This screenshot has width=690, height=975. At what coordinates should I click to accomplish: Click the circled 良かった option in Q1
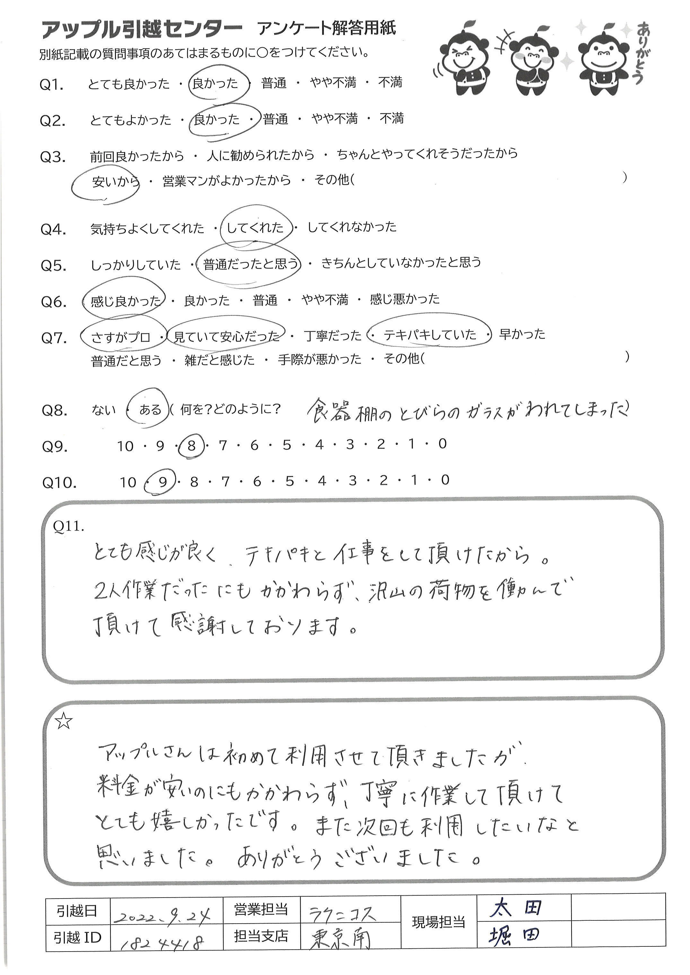[215, 83]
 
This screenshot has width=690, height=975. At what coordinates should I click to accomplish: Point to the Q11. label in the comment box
[69, 527]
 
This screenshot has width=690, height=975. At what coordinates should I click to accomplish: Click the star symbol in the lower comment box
[64, 721]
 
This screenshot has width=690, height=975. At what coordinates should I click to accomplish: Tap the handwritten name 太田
[516, 908]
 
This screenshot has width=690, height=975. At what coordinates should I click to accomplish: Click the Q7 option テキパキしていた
[430, 335]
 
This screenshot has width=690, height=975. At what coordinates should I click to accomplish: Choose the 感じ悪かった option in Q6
[405, 299]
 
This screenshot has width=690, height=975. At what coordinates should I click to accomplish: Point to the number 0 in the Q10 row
[445, 480]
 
